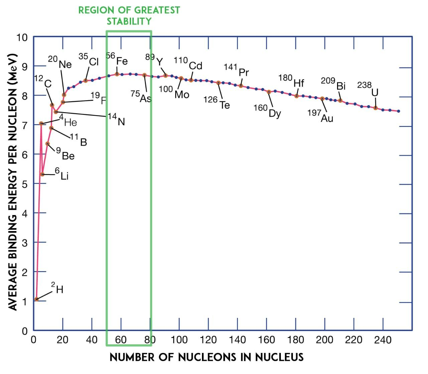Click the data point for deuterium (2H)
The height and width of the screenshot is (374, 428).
point(36,299)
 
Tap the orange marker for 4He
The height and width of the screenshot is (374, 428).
point(41,124)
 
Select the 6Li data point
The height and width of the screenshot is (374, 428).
point(42,174)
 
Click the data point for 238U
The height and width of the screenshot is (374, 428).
point(376,108)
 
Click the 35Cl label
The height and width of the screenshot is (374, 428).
point(89,59)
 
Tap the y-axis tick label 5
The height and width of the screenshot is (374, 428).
point(25,184)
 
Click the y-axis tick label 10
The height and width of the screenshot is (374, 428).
point(22,37)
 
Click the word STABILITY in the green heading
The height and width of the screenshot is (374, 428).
point(129,21)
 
